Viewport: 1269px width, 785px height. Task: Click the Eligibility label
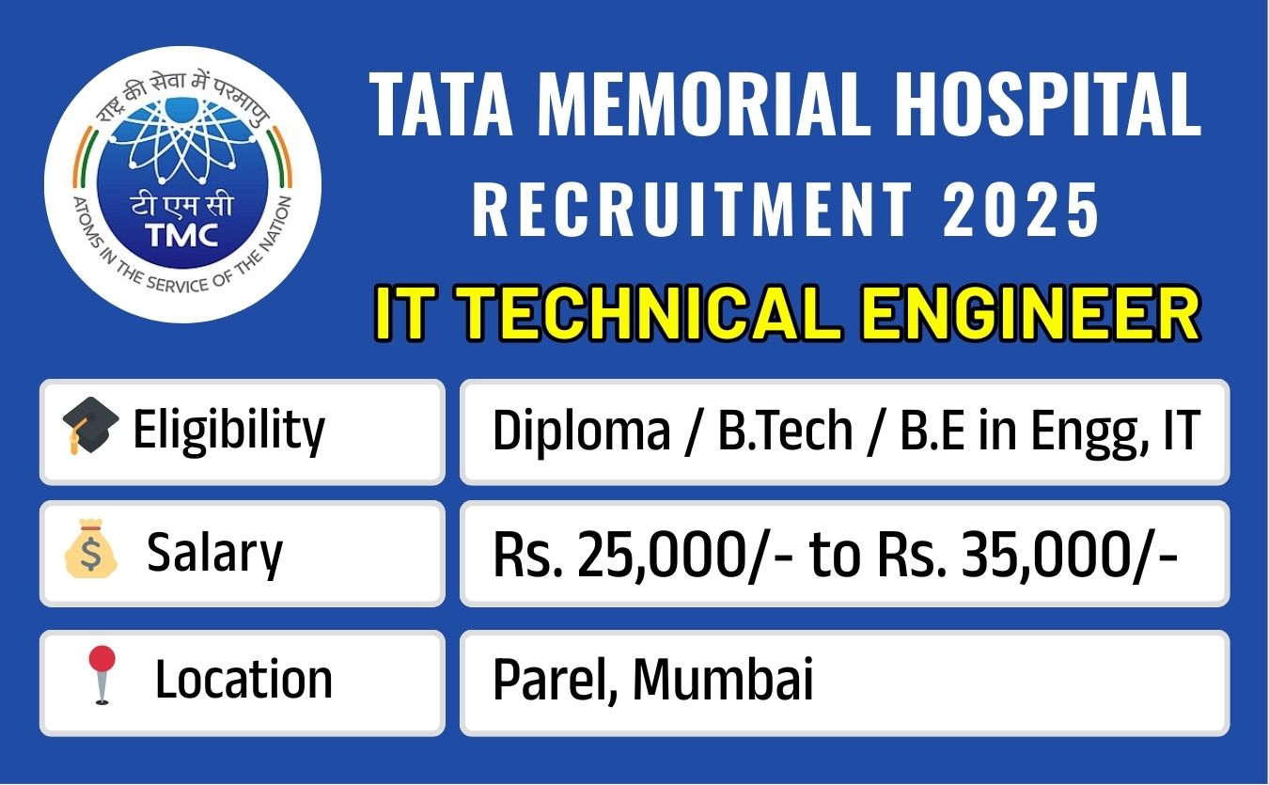click(x=228, y=431)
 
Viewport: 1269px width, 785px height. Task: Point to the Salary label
click(x=214, y=553)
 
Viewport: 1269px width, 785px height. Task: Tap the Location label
click(x=243, y=679)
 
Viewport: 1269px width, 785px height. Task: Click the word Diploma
click(x=581, y=431)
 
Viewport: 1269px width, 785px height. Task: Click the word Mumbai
click(x=722, y=679)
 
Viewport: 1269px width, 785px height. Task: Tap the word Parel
click(x=553, y=679)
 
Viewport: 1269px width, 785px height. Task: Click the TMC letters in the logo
click(x=181, y=235)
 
